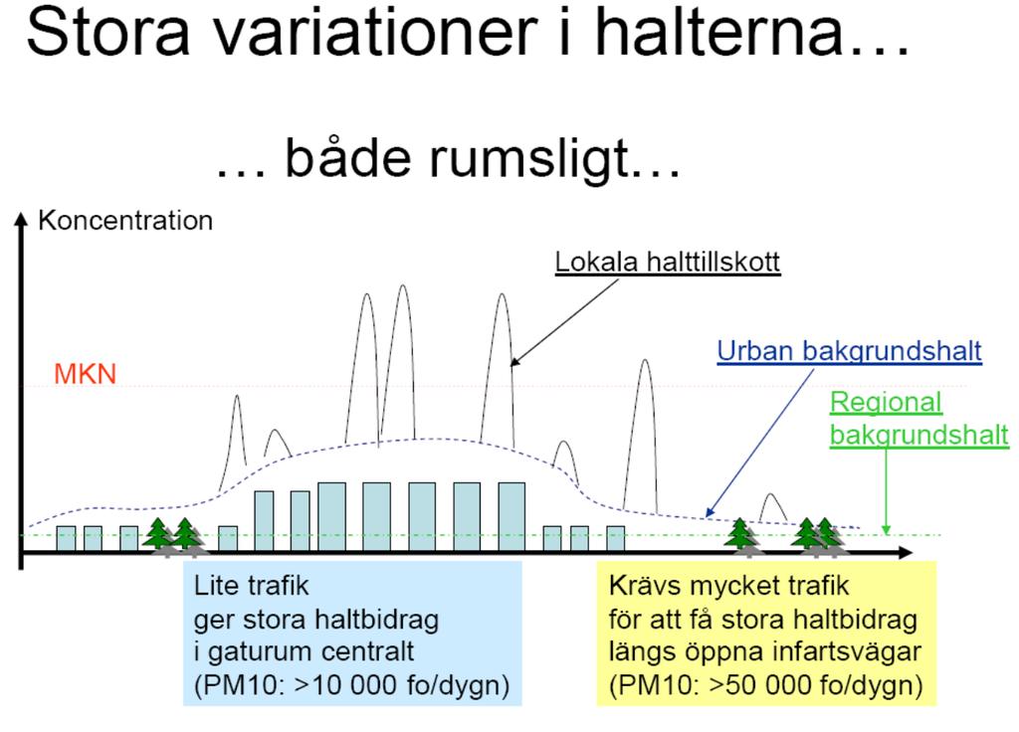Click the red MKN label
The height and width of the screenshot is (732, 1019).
(x=85, y=374)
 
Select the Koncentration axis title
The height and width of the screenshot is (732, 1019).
(x=125, y=221)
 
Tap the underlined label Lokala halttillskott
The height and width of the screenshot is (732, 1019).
(x=668, y=262)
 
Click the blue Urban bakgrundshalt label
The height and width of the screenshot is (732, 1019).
(x=850, y=351)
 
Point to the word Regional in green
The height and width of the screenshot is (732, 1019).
(x=886, y=403)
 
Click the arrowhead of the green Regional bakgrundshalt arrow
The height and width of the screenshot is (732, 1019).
(x=886, y=530)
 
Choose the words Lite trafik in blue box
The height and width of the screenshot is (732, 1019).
(x=251, y=586)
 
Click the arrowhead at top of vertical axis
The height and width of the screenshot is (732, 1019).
(x=22, y=218)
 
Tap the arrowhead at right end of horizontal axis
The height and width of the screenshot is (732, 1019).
(x=906, y=553)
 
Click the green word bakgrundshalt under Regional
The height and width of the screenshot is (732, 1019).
(x=918, y=436)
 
